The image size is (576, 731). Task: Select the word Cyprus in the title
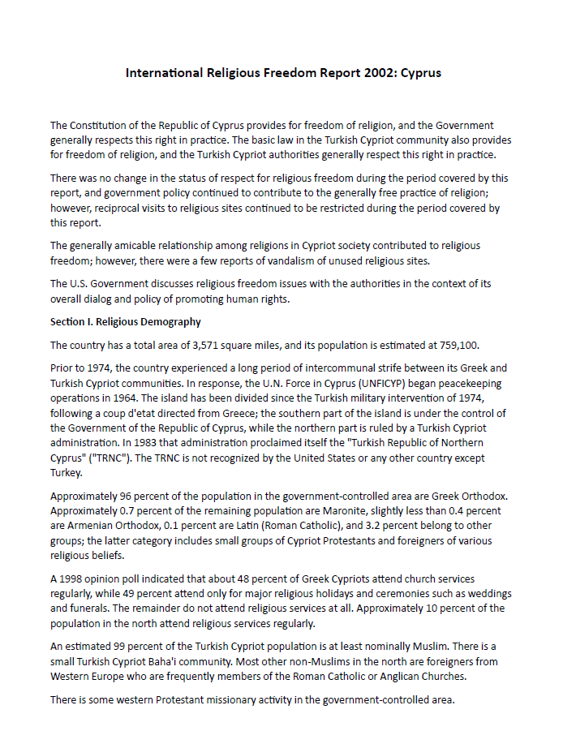click(419, 73)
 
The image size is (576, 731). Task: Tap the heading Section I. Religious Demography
click(126, 322)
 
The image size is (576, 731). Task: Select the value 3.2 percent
click(427, 527)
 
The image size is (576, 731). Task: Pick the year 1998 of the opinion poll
click(71, 579)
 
